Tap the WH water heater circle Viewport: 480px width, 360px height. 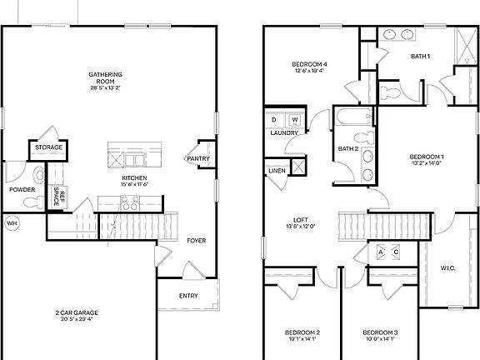pos(12,223)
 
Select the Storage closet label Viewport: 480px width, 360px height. pos(47,149)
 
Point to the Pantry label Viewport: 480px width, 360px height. pos(198,159)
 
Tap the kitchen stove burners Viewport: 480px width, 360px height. pos(129,201)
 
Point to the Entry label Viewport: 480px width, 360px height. pos(189,297)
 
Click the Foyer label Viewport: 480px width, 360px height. pos(196,241)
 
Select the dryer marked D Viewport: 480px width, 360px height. pos(274,120)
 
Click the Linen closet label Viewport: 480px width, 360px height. pos(277,171)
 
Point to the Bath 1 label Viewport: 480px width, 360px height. pos(421,57)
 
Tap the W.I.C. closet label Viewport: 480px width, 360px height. pos(448,267)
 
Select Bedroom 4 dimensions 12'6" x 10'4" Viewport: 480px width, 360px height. pos(309,71)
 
